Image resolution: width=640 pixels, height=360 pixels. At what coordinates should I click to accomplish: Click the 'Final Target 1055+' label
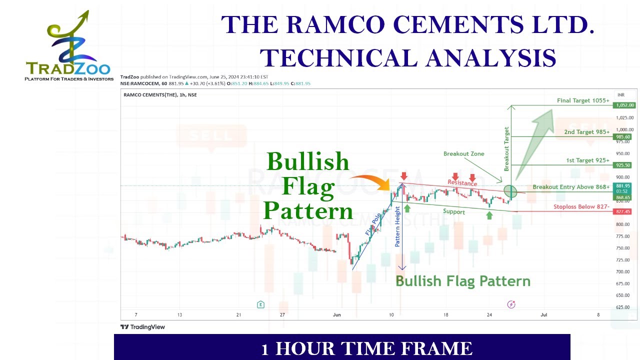[583, 100]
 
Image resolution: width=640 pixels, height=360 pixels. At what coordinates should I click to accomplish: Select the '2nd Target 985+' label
[586, 132]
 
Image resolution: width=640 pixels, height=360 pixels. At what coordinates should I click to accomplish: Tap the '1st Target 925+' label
[587, 160]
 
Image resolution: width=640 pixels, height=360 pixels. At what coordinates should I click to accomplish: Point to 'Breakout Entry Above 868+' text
[571, 187]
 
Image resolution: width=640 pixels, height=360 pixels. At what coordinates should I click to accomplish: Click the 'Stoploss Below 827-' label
[581, 206]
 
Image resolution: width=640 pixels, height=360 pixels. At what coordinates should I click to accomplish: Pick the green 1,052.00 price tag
[624, 105]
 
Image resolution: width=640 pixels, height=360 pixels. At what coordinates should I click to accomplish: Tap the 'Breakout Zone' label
[463, 153]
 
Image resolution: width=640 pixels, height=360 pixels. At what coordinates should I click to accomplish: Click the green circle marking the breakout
[510, 191]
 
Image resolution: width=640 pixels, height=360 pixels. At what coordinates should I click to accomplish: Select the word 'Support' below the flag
[453, 212]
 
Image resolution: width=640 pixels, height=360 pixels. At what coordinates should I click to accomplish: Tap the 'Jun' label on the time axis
[336, 314]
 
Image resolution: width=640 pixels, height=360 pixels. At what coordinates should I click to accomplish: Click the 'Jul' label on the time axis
[543, 314]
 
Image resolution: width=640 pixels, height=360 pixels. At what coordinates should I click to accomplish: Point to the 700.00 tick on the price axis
[623, 271]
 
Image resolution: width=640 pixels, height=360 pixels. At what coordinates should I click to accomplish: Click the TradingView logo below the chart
[143, 327]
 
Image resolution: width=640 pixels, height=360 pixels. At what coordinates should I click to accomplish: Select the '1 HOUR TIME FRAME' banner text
[366, 348]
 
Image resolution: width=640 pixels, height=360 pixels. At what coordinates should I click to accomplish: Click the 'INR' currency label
[621, 94]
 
